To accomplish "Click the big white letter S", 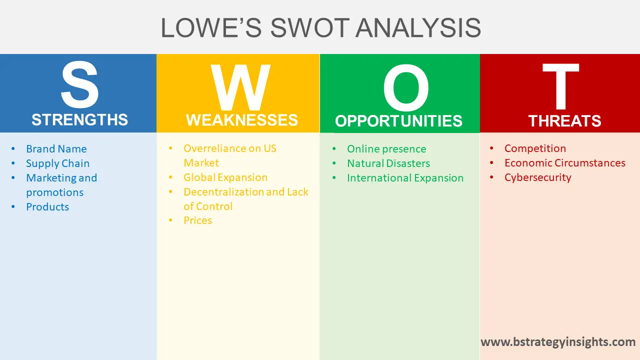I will (x=79, y=86).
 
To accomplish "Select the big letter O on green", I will (x=405, y=88).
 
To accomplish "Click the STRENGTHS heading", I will (x=79, y=120).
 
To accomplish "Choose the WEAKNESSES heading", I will (x=242, y=120).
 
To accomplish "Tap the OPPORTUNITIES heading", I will (x=398, y=121).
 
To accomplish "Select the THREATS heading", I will (x=564, y=121).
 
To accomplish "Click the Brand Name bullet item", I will (x=56, y=149).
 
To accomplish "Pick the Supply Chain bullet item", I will (x=57, y=163).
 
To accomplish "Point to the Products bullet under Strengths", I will (x=47, y=207).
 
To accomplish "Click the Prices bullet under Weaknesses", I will (x=197, y=220).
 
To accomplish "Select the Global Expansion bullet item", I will (x=225, y=177).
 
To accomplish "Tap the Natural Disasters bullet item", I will (x=388, y=163).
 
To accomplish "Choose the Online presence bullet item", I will (x=386, y=149).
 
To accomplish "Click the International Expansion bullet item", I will (x=405, y=178).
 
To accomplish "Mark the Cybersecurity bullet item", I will (x=537, y=177).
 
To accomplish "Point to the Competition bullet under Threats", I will (x=535, y=148).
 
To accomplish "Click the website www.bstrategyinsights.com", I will (x=558, y=342).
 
